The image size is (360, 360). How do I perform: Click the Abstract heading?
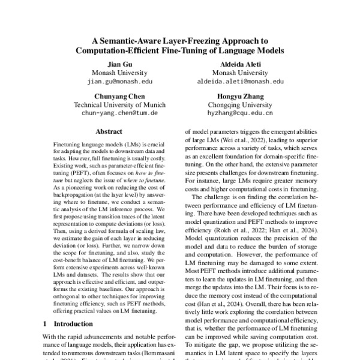coord(109,131)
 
